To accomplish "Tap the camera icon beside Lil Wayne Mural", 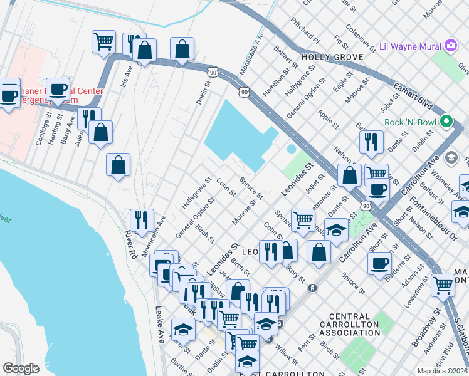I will pos(451,46).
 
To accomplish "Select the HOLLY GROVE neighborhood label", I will pos(332,57).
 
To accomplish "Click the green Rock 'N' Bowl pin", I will pos(447,121).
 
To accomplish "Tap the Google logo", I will pos(21,368).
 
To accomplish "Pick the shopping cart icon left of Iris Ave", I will pos(103,42).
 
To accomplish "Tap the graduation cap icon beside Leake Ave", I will pos(183,328).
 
